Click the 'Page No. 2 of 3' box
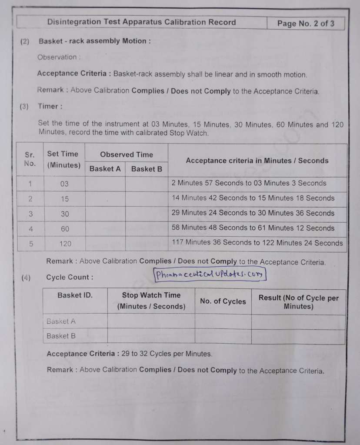[x=306, y=23]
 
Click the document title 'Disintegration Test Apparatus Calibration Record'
[x=141, y=22]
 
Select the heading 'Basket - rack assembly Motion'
[x=94, y=41]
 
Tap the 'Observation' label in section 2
[x=58, y=57]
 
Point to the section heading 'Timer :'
[x=50, y=106]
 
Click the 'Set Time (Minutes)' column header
[x=64, y=160]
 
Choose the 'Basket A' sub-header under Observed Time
[x=105, y=169]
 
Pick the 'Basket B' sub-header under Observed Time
[x=146, y=169]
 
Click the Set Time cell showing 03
[x=64, y=184]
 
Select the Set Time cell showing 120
[x=65, y=244]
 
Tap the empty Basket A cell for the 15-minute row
[x=105, y=199]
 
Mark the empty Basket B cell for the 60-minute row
[x=146, y=228]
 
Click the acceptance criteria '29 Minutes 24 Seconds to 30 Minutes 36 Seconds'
[x=253, y=213]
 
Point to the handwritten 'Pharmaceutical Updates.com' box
[x=210, y=274]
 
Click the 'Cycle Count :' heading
[x=69, y=277]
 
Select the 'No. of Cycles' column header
[x=223, y=301]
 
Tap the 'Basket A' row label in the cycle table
[x=61, y=321]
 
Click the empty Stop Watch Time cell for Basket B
[x=151, y=336]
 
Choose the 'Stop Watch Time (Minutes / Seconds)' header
[x=151, y=301]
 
